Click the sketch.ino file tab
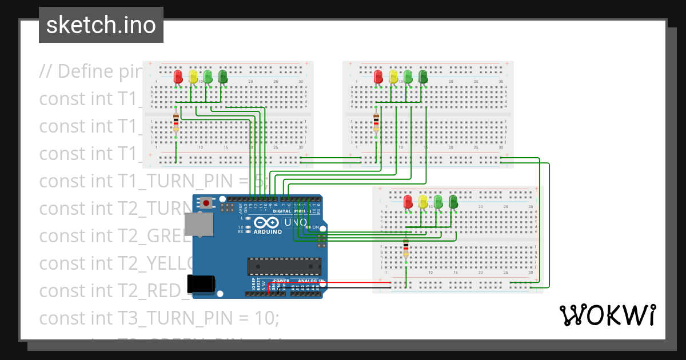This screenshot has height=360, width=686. pyautogui.click(x=101, y=25)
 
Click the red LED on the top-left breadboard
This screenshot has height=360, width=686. pyautogui.click(x=178, y=76)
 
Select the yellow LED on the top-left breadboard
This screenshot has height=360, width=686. pyautogui.click(x=193, y=76)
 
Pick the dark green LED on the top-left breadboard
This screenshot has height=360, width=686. pyautogui.click(x=223, y=76)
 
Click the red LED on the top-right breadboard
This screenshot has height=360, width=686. pyautogui.click(x=378, y=76)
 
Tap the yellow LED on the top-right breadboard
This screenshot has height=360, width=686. pyautogui.click(x=393, y=76)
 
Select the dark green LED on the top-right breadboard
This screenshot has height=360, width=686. pyautogui.click(x=423, y=76)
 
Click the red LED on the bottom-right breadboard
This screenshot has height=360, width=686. pyautogui.click(x=408, y=201)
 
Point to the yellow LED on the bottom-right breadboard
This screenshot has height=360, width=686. pyautogui.click(x=423, y=201)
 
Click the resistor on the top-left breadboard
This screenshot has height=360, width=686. pyautogui.click(x=176, y=122)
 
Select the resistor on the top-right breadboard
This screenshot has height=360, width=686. pyautogui.click(x=376, y=122)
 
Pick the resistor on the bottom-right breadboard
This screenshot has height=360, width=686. pyautogui.click(x=406, y=249)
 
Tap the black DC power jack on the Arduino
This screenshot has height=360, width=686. pyautogui.click(x=201, y=284)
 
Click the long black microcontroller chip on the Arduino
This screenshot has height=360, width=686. pyautogui.click(x=284, y=266)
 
